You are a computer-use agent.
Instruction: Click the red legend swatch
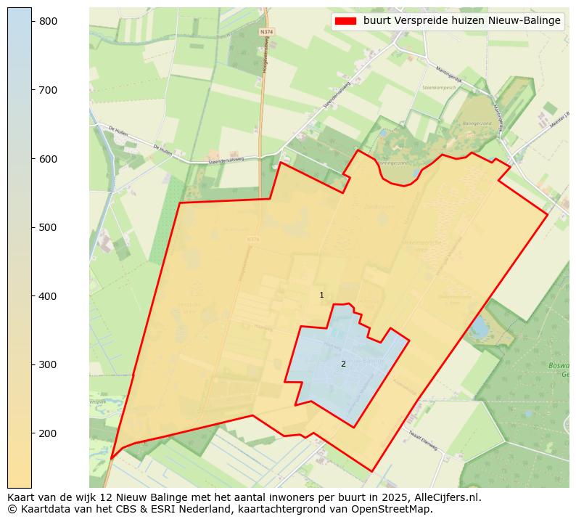345,21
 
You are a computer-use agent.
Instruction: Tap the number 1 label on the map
321,295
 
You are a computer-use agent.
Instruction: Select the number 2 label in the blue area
343,364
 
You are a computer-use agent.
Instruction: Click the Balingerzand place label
475,123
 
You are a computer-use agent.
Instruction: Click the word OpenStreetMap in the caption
398,509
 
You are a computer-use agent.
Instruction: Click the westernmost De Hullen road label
118,129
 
